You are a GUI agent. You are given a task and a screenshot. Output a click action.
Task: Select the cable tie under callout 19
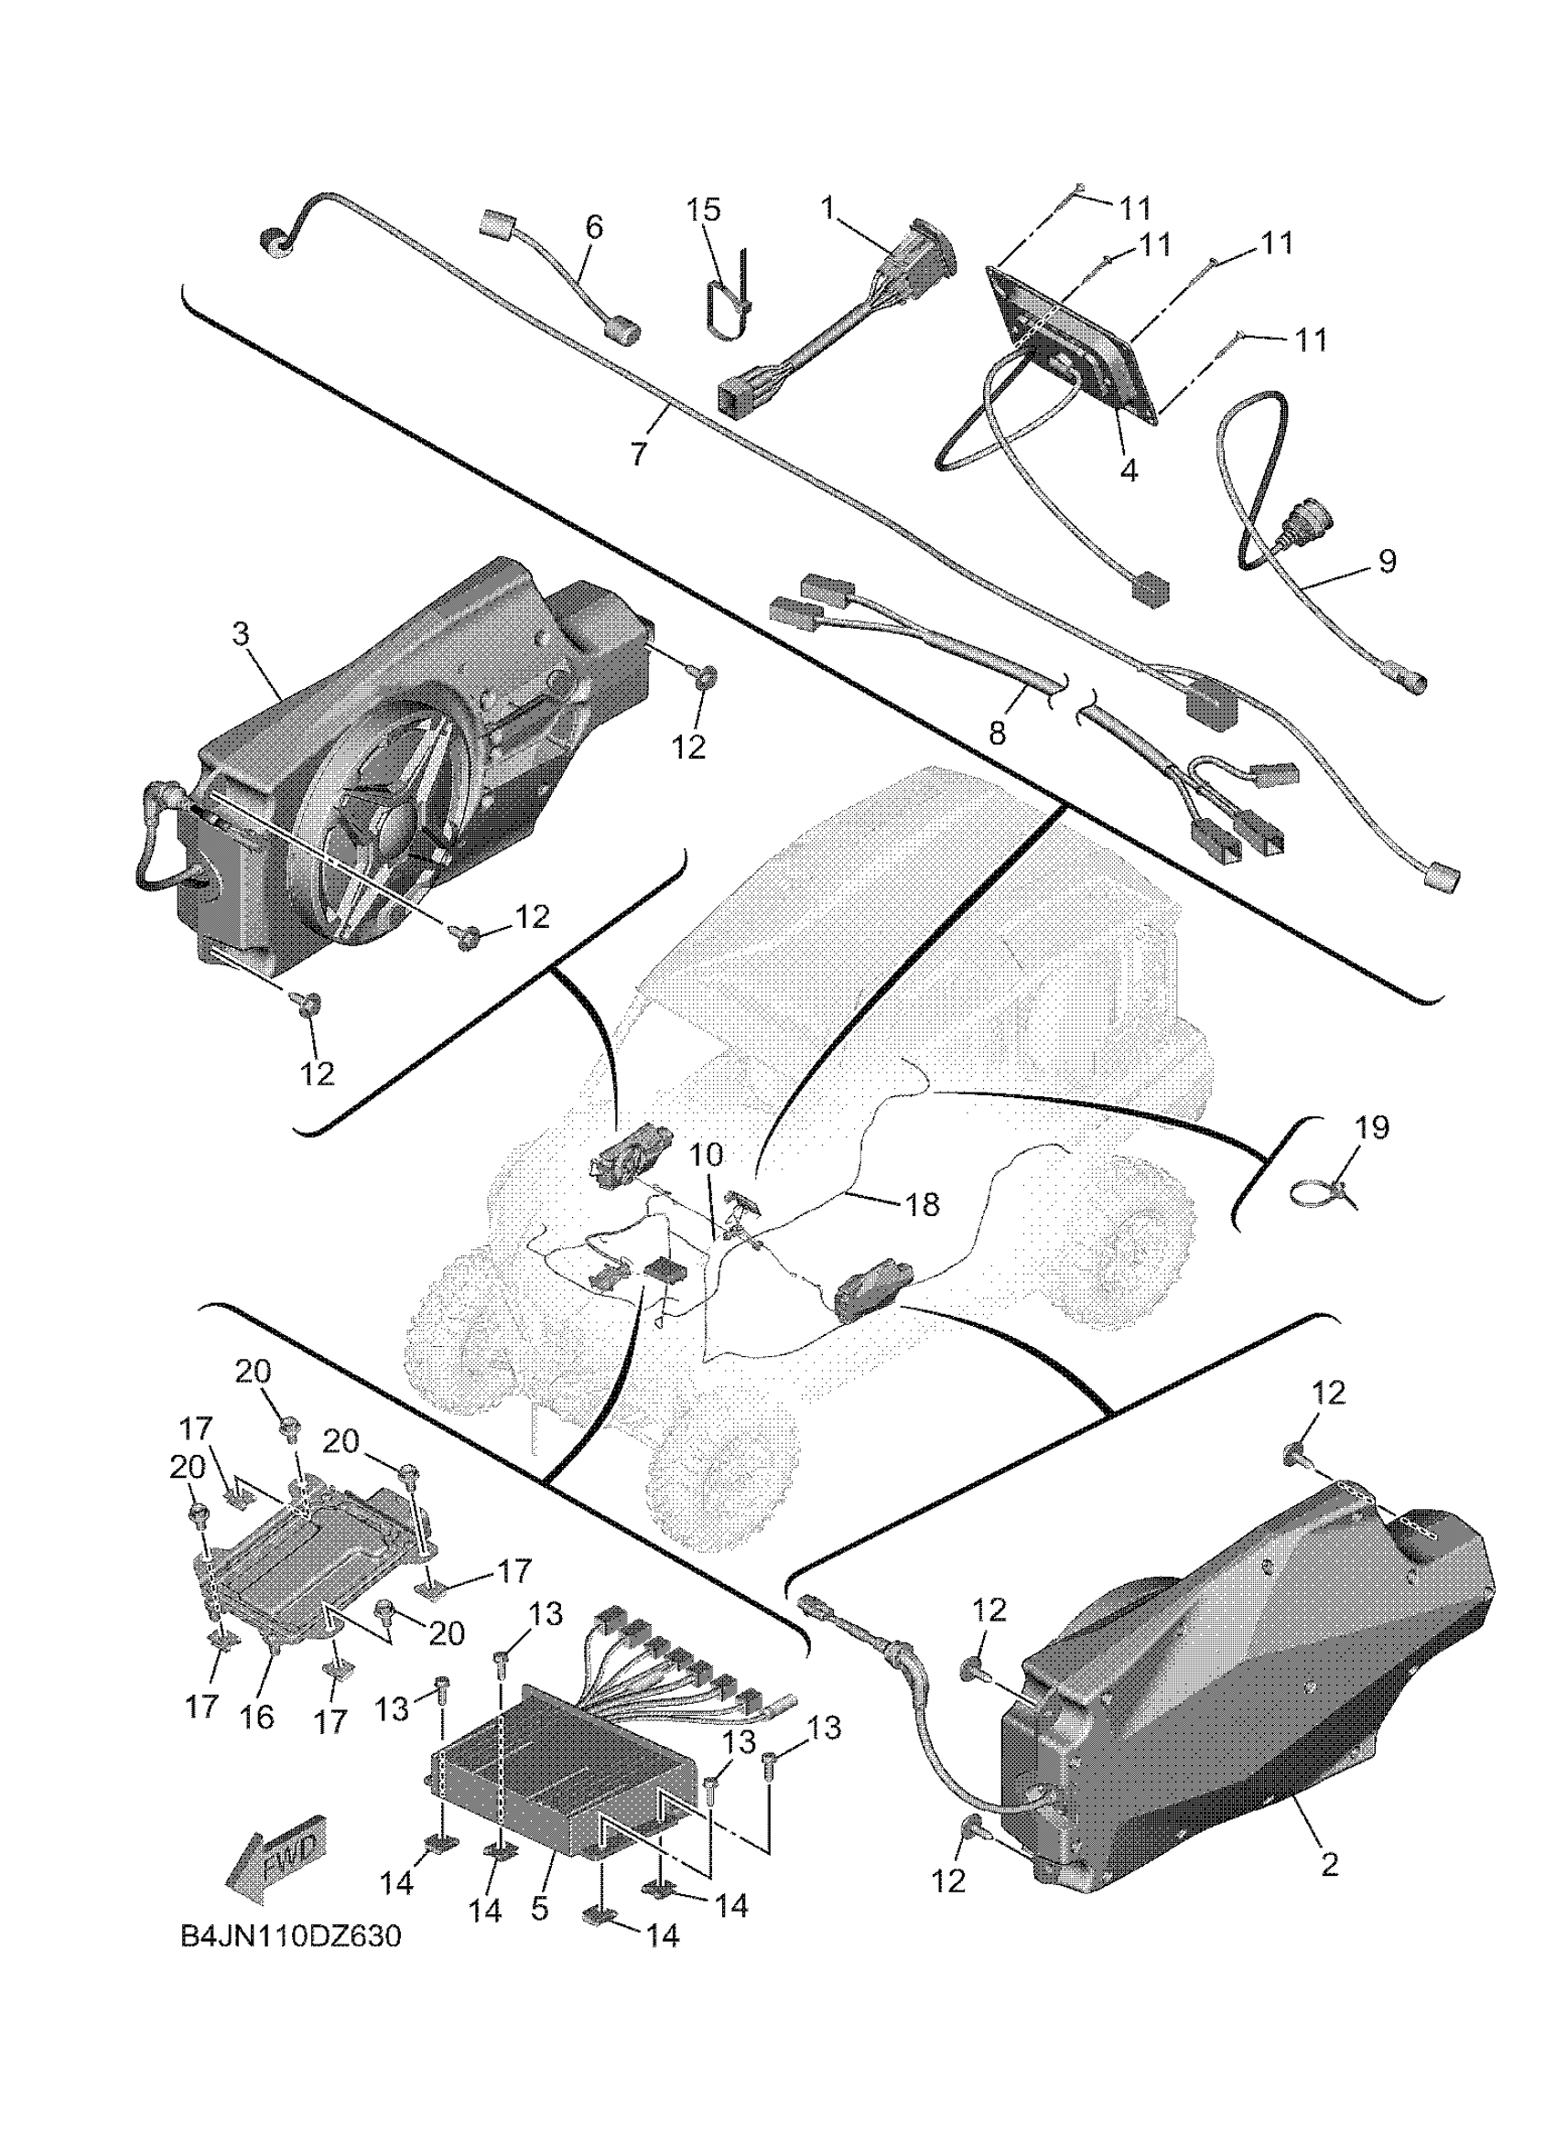coord(1324,1193)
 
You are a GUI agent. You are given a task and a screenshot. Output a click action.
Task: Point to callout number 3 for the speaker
coord(241,634)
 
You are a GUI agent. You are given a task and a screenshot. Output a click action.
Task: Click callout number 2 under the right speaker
coord(1329,1865)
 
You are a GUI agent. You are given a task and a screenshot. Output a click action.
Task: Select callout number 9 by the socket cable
coord(1386,562)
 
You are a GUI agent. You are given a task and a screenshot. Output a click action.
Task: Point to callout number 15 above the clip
coord(703,210)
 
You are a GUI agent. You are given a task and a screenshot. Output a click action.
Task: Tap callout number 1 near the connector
coord(829,207)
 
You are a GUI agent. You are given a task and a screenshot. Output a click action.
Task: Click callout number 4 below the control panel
coord(1129,469)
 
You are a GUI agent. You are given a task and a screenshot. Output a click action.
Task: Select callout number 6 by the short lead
coord(594,227)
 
